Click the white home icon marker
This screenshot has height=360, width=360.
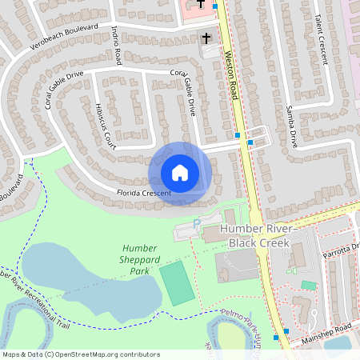point(180,172)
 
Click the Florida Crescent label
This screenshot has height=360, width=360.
point(143,194)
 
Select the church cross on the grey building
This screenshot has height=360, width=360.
point(206,38)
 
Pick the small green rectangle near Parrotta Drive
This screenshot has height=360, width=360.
point(308,285)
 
